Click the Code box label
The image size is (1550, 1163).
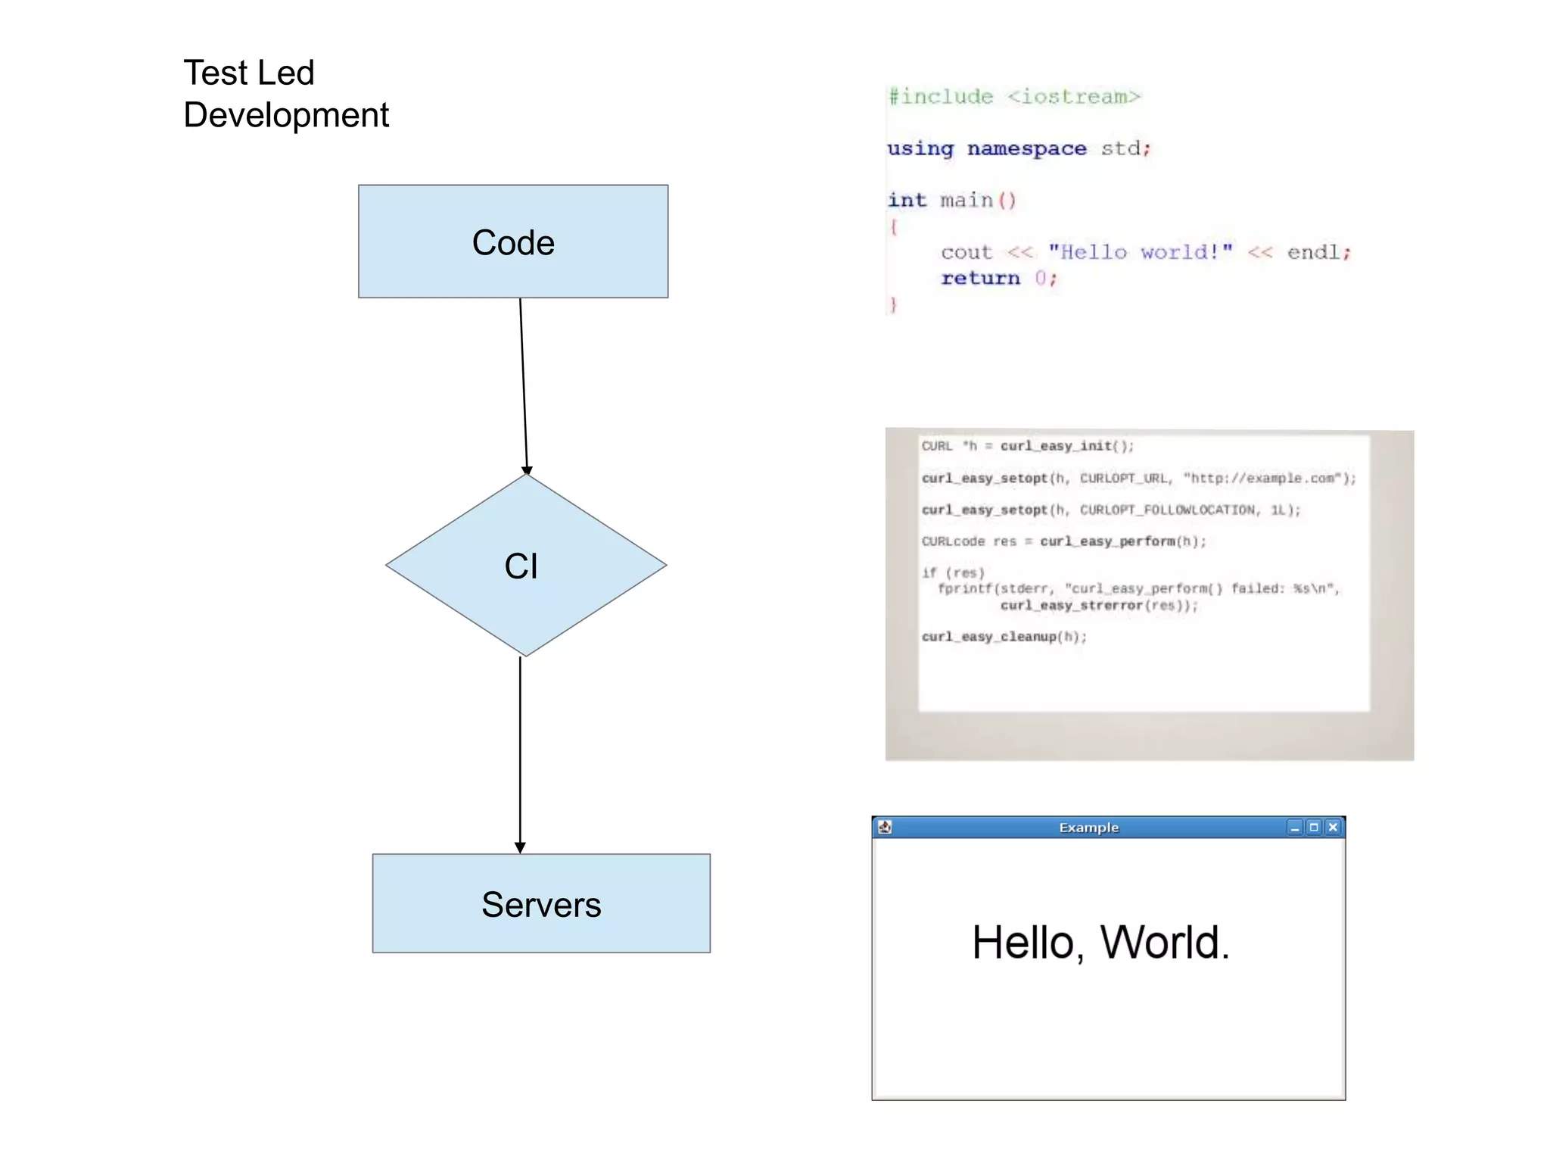(x=513, y=243)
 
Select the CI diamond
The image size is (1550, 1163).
(x=525, y=566)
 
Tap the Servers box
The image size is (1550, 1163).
(x=541, y=904)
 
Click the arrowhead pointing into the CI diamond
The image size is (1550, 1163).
(x=527, y=470)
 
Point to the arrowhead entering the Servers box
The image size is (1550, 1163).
(x=520, y=847)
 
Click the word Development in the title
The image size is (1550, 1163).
(x=286, y=115)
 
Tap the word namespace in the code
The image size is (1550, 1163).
(x=1026, y=148)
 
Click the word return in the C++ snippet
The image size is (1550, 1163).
(x=980, y=278)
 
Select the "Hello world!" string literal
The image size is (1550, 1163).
(x=1140, y=252)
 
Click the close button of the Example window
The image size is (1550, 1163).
(x=1333, y=827)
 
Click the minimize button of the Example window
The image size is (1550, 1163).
(x=1294, y=827)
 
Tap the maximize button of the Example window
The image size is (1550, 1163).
(x=1314, y=827)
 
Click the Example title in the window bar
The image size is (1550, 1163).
(x=1088, y=828)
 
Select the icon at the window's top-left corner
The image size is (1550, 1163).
(x=885, y=827)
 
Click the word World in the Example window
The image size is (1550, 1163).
(x=1164, y=943)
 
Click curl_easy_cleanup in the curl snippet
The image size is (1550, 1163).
(x=988, y=637)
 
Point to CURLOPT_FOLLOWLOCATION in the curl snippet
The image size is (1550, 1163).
(x=1167, y=510)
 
